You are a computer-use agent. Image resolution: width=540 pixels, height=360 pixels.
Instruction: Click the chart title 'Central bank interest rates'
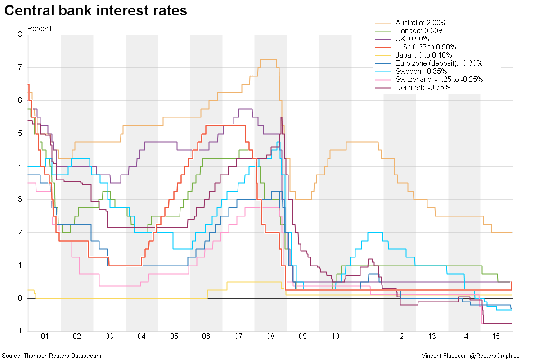pos(95,11)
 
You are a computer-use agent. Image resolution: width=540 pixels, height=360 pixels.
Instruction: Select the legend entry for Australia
pos(421,23)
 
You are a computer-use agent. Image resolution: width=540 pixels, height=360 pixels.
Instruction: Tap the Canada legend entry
pos(420,31)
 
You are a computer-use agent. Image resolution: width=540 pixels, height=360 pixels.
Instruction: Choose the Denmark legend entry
pos(423,88)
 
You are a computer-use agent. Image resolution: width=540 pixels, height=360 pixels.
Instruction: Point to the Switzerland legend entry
pos(439,80)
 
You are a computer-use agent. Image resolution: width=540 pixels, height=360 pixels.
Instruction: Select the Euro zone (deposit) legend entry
pos(439,63)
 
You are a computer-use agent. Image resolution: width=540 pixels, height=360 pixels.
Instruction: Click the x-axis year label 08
pos(270,337)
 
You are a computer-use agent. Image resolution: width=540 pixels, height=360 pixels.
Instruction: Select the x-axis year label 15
pos(496,337)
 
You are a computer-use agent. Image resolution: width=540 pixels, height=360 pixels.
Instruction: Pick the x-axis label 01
pos(44,337)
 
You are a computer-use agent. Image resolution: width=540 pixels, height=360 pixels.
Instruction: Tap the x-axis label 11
pos(367,337)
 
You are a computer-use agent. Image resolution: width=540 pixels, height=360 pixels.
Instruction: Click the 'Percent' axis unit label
pos(40,28)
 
